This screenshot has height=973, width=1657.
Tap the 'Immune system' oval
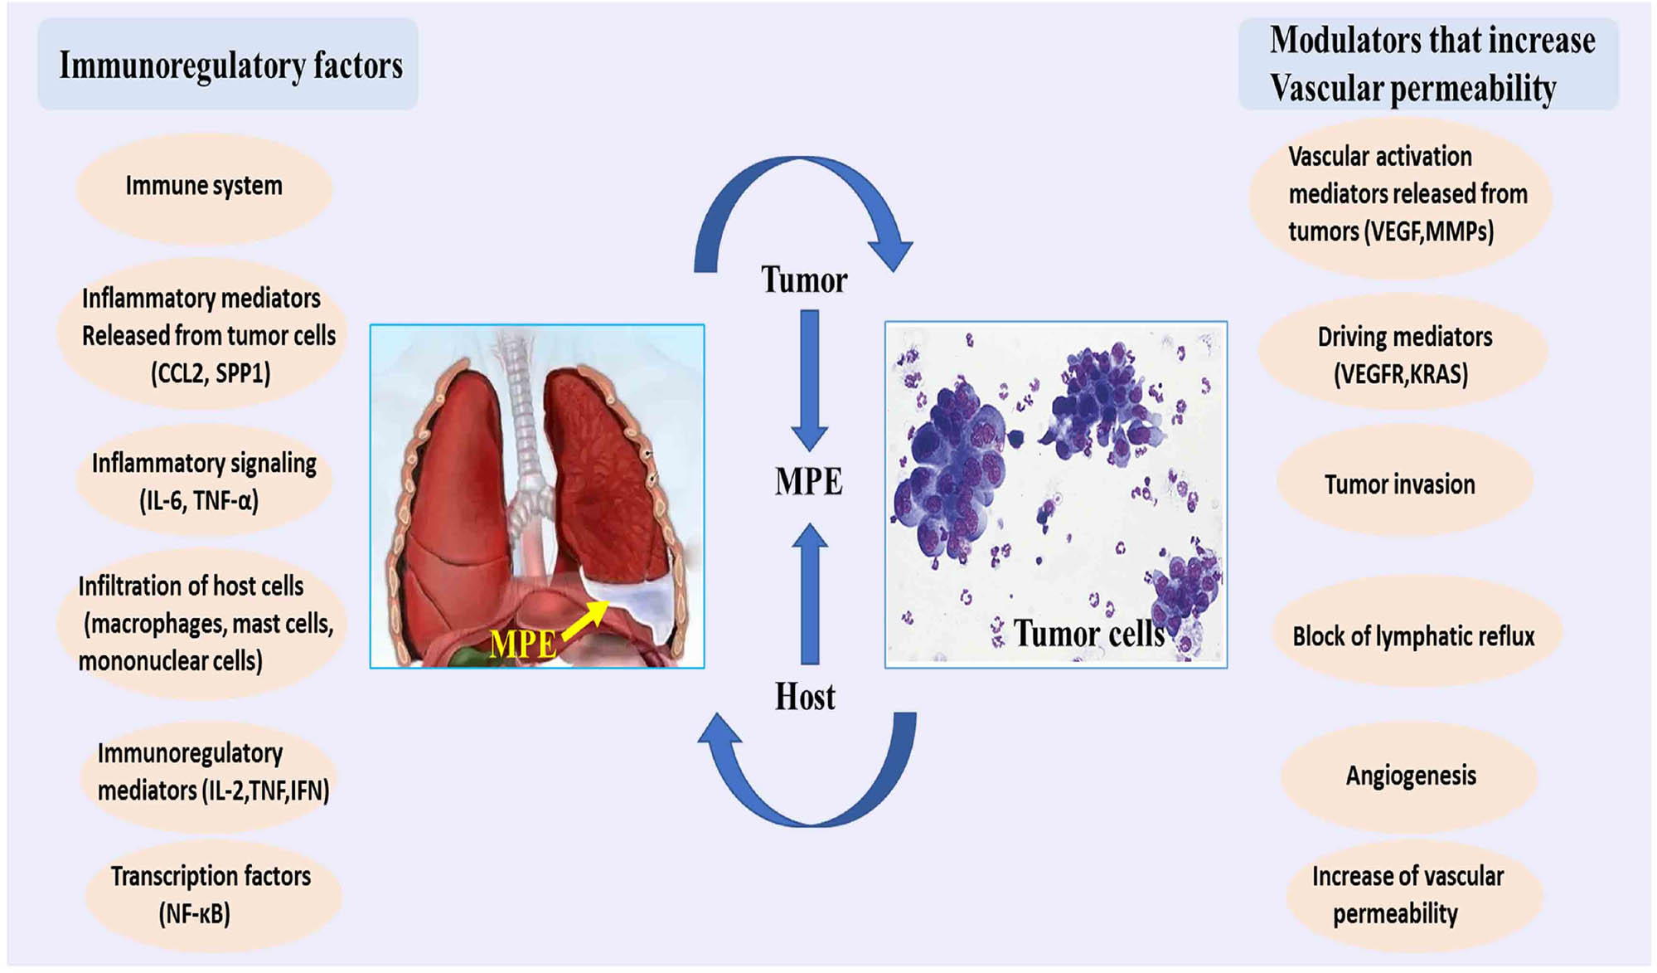204,186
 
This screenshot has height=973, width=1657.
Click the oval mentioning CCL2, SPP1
201,334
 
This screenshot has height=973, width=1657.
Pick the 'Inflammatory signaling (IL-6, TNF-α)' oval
204,481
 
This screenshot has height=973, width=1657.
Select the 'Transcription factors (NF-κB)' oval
213,895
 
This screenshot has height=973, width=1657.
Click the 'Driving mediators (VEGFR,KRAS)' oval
1403,354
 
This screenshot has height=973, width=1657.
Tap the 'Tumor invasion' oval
1404,484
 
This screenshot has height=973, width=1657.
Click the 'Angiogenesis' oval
1410,776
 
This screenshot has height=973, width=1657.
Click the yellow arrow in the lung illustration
586,620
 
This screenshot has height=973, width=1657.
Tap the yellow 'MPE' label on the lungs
523,645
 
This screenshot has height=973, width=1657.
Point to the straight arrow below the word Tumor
810,380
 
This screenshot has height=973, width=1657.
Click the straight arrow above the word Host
810,593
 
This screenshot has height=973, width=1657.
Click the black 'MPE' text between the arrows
808,482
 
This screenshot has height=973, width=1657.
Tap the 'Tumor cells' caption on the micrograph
1089,634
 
